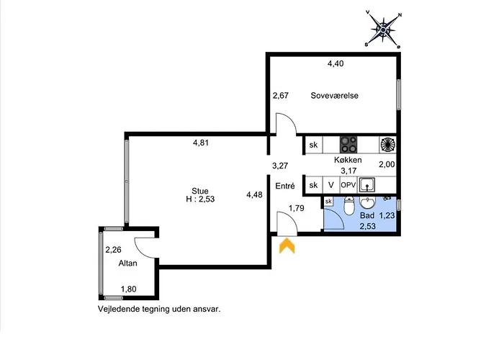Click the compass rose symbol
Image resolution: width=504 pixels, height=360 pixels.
384,29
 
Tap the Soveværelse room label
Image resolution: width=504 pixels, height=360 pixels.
335,96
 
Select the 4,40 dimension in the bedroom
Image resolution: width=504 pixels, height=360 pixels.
336,63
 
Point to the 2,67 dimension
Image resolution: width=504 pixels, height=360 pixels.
280,96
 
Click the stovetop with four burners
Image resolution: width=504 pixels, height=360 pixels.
349,144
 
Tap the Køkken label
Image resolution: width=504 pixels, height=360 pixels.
347,161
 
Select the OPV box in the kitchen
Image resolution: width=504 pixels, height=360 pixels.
348,185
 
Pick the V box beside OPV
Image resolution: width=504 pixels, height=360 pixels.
330,185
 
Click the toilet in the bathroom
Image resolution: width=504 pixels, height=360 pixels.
348,209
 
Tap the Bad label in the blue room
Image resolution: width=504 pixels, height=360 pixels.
367,215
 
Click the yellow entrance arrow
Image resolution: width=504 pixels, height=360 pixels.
287,246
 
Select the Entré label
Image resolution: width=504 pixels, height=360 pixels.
285,186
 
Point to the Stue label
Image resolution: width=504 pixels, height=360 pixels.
190,191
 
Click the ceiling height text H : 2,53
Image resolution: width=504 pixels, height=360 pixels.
190,199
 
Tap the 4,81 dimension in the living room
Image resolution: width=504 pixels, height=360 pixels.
201,143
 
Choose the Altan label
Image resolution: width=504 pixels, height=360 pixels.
128,264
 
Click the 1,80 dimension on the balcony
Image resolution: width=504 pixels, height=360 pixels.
128,289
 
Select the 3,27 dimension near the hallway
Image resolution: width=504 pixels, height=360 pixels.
280,166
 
